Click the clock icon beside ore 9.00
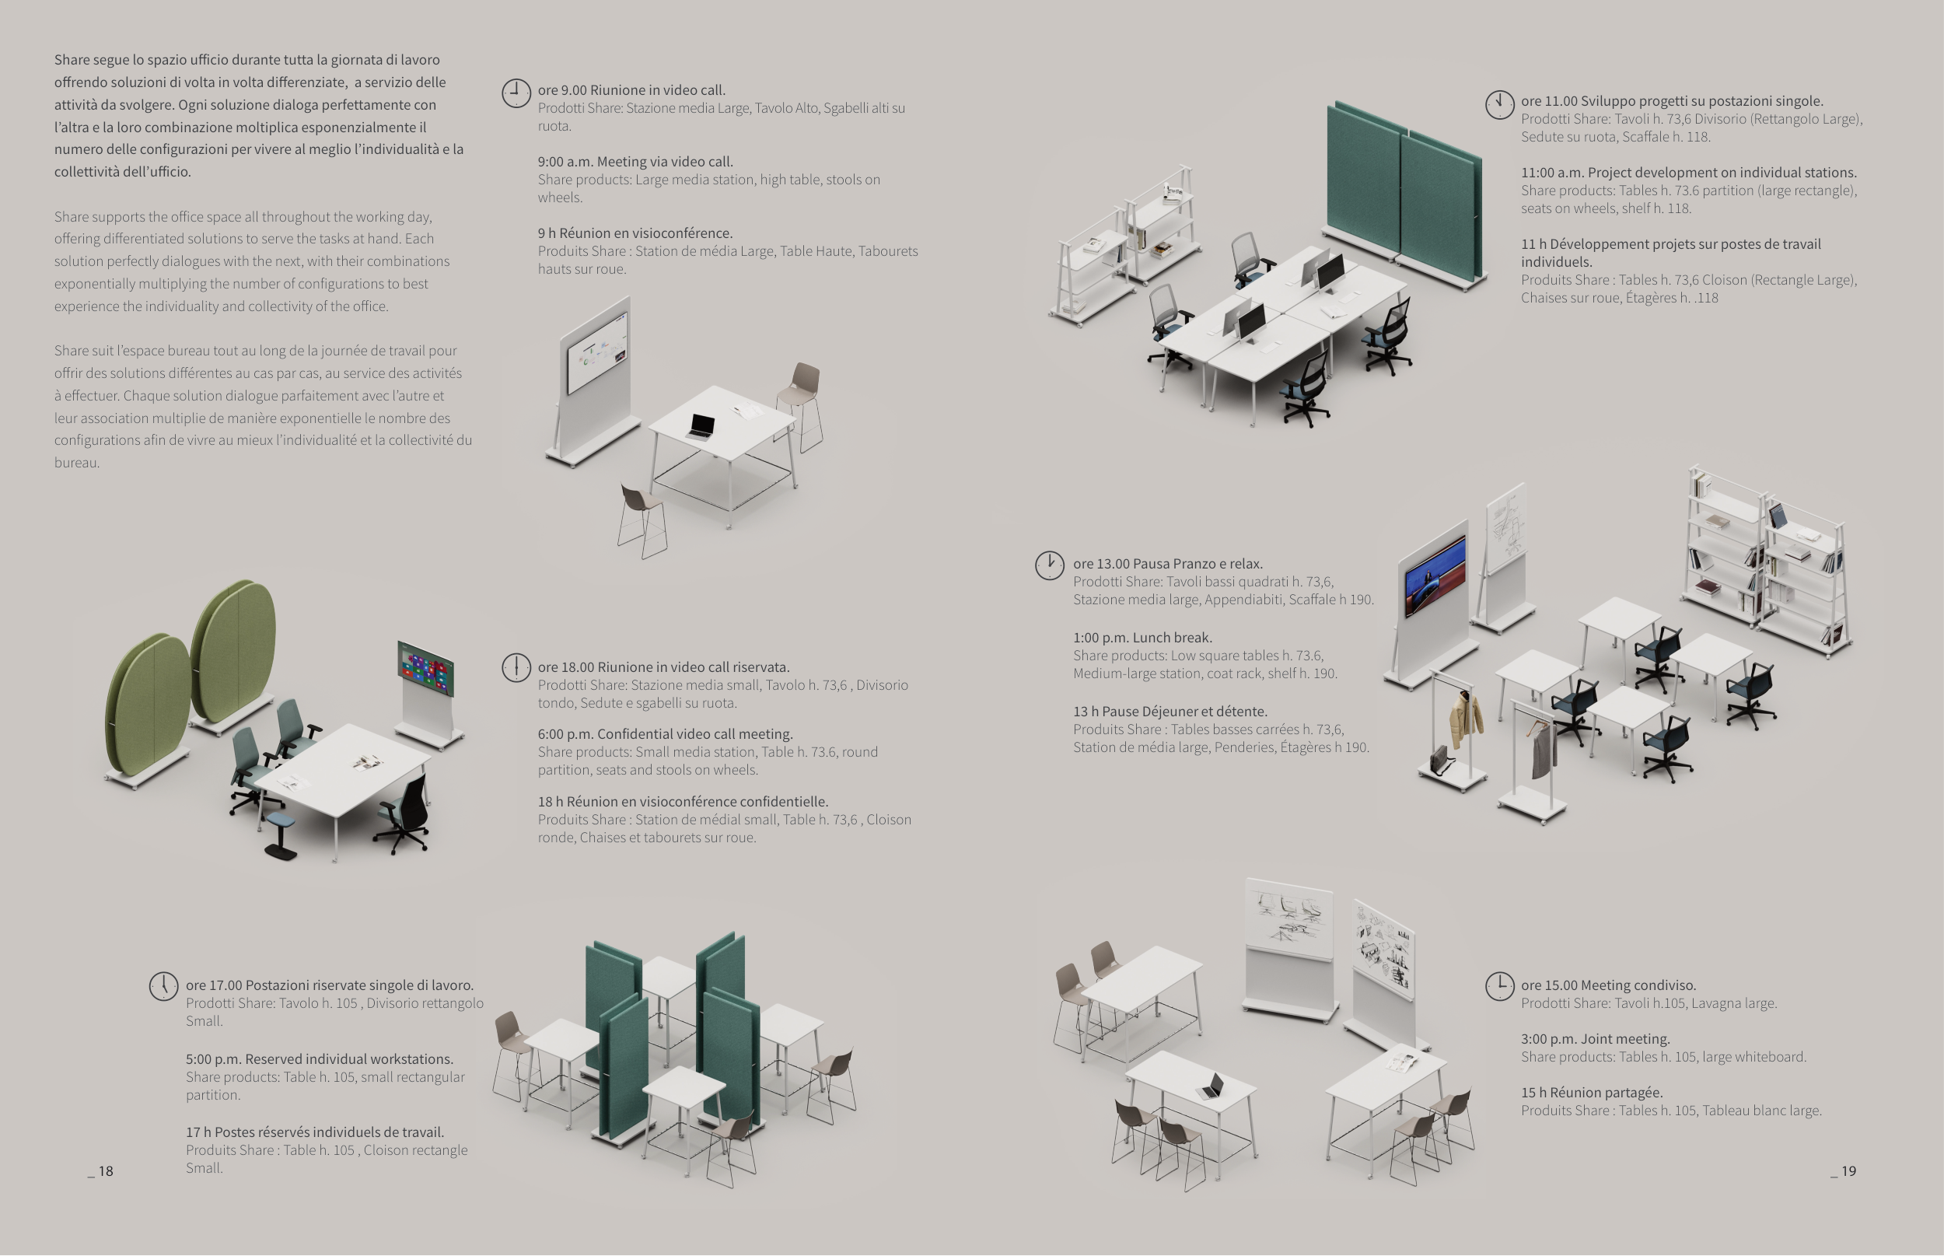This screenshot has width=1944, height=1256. (x=516, y=93)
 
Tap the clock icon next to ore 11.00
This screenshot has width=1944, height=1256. (x=1498, y=104)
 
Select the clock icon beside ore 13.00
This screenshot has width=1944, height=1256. (x=1050, y=565)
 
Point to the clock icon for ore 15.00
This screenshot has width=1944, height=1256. (x=1498, y=986)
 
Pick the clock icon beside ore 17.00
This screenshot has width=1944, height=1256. (x=163, y=986)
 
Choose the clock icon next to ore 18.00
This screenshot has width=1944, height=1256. (x=516, y=667)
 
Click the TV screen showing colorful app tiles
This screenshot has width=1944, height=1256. (x=425, y=669)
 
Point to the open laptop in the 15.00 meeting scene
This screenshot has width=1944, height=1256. (x=1211, y=1086)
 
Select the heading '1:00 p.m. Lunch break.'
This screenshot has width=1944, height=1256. (x=1142, y=638)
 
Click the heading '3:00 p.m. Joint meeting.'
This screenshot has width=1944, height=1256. (x=1595, y=1039)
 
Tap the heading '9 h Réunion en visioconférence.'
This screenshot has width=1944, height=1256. (x=635, y=233)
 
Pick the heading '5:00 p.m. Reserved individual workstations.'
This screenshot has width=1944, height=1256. (x=320, y=1059)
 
